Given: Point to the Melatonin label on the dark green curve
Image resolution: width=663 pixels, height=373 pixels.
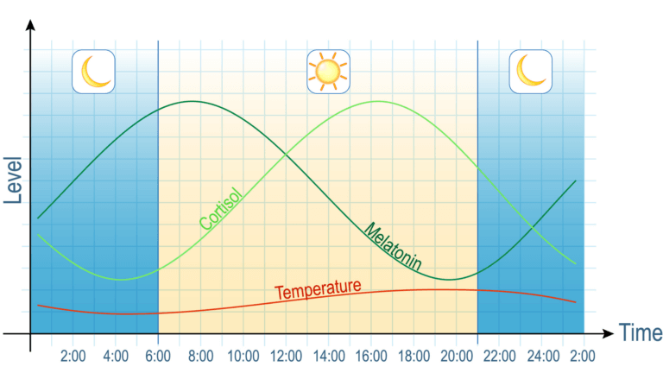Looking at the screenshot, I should [x=392, y=248].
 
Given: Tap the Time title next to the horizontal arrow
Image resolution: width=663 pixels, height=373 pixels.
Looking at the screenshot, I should [x=640, y=333].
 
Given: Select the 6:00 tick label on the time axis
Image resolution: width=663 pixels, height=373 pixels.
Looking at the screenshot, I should [x=158, y=356].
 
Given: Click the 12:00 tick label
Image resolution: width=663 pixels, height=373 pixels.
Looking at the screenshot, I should [x=286, y=356].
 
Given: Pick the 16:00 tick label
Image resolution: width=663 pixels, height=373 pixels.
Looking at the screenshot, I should [x=370, y=356].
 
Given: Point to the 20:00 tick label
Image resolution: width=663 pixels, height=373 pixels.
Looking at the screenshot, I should [x=456, y=356].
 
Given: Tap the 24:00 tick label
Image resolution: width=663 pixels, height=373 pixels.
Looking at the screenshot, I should [x=541, y=356].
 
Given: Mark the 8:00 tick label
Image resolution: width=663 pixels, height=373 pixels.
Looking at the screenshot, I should [x=200, y=356].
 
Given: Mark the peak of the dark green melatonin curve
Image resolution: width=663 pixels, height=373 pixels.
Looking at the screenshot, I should [x=192, y=101].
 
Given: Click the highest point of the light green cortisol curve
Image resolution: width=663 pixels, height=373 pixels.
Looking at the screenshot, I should [x=377, y=101].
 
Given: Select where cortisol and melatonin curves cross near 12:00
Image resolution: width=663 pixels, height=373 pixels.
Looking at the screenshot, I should [x=285, y=155].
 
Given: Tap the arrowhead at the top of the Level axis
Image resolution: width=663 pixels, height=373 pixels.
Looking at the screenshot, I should [x=30, y=24].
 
